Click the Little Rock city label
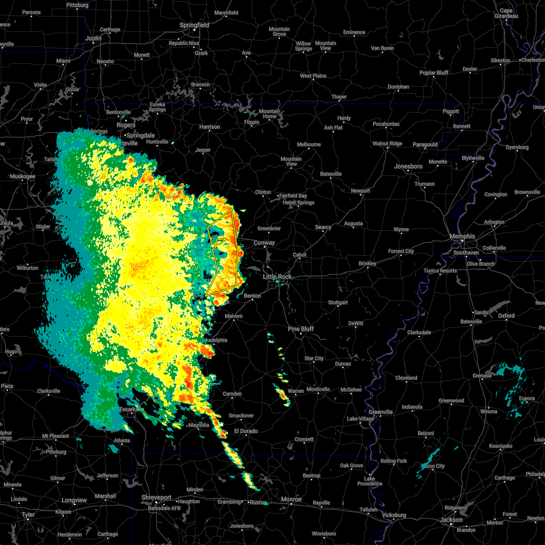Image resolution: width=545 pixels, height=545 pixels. pos(277,277)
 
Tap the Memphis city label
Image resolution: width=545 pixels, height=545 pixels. pos(462,237)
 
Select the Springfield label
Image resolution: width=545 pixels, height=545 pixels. pos(194,25)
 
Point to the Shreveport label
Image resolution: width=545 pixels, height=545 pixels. pos(156,498)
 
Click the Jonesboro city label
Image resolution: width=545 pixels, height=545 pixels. pos(408,167)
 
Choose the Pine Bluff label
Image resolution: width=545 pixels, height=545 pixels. pos(301,329)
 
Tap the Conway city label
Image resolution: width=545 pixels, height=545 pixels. pos(264,243)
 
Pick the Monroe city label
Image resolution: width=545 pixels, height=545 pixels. pos(291,499)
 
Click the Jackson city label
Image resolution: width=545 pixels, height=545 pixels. pos(451,520)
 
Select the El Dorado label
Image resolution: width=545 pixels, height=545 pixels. pos(246,431)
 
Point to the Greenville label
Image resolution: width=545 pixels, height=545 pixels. pos(381,412)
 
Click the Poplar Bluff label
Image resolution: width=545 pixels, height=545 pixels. pos(434,73)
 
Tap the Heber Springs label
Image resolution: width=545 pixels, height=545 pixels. pos(298,203)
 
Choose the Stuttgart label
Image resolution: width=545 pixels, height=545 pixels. pos(338,302)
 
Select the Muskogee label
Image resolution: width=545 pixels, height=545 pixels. pos(22,176)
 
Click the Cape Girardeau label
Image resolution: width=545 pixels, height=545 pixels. pos(506,13)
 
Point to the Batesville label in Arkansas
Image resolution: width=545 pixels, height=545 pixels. pos(331,174)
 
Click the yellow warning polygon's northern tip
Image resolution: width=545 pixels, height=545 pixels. pos(232,209)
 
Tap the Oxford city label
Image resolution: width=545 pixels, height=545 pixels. pos(506,316)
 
